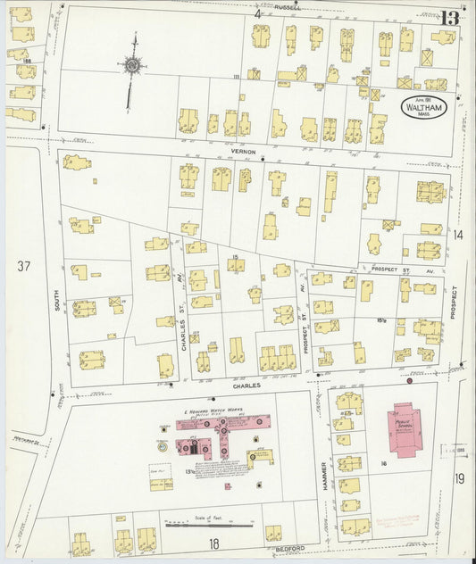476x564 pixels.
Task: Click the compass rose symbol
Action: tap(132, 64)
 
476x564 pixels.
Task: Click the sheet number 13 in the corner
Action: tap(449, 18)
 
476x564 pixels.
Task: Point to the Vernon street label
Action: tap(244, 152)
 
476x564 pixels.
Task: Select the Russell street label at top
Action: tap(288, 6)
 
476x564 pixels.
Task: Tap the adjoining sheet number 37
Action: tap(23, 266)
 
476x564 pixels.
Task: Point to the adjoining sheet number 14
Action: tap(458, 235)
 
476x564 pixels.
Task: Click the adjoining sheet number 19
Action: tap(459, 479)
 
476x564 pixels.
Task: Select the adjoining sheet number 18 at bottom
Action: tap(213, 543)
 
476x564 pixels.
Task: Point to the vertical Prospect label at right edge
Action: tap(454, 303)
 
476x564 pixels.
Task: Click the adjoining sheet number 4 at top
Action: tap(257, 14)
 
